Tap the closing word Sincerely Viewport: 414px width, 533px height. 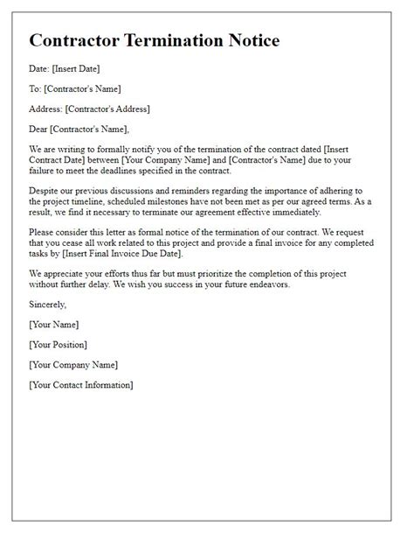pos(48,304)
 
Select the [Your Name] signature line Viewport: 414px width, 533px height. pos(55,324)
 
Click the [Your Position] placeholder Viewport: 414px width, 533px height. pos(58,344)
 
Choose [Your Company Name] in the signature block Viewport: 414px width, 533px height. pos(73,364)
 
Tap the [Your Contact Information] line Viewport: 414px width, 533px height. pos(81,384)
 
